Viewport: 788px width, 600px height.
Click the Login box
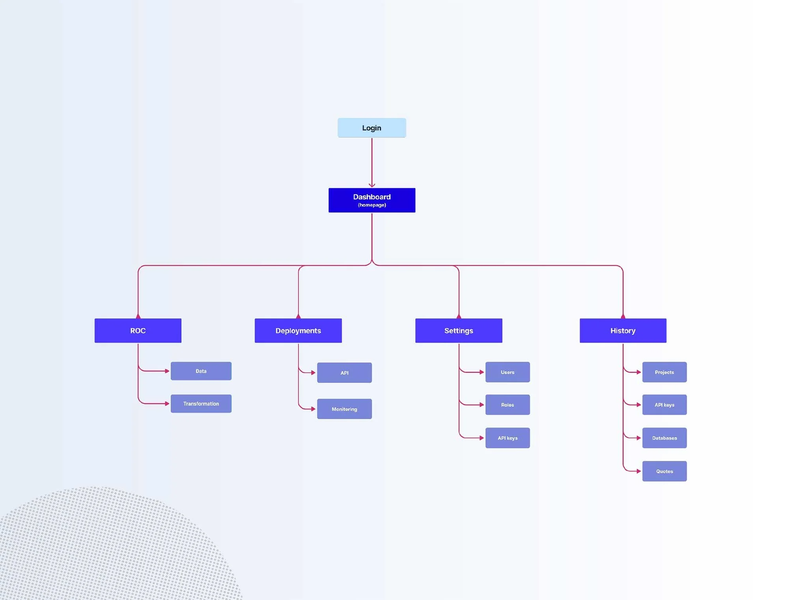tap(372, 128)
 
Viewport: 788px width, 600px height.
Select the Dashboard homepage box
tap(372, 200)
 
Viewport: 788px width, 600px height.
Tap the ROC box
tap(138, 331)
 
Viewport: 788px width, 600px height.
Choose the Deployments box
tap(298, 331)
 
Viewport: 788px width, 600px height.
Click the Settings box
tap(459, 331)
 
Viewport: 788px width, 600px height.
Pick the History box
tap(623, 331)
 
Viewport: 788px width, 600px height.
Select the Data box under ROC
tap(201, 371)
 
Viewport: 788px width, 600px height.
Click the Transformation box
tap(201, 404)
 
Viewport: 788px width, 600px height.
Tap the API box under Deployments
tap(344, 372)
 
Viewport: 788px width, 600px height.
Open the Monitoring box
tap(344, 409)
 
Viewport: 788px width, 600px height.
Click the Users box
tap(507, 372)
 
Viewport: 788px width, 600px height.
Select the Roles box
tap(507, 405)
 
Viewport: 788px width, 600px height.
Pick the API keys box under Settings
tap(507, 438)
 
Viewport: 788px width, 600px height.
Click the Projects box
tap(664, 372)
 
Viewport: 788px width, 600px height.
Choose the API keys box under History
tap(664, 405)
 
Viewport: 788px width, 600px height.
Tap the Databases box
tap(664, 438)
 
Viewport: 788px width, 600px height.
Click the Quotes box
tap(664, 471)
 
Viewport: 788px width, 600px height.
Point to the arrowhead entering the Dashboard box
tap(372, 185)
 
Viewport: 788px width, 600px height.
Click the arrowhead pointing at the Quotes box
tap(639, 471)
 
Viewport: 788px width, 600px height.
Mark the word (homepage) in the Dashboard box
tap(372, 205)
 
